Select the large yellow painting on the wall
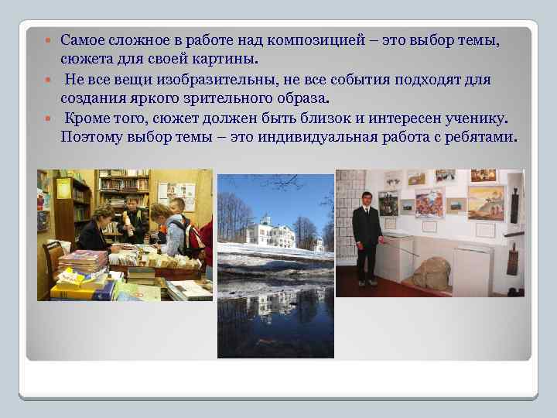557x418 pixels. [486, 203]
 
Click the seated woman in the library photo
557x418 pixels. [97, 228]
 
